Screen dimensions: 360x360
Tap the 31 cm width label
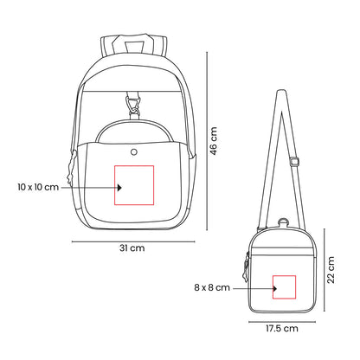click(132, 247)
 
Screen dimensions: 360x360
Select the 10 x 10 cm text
click(37, 186)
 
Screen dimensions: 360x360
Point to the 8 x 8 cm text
click(213, 286)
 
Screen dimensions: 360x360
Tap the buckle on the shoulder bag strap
click(294, 160)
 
